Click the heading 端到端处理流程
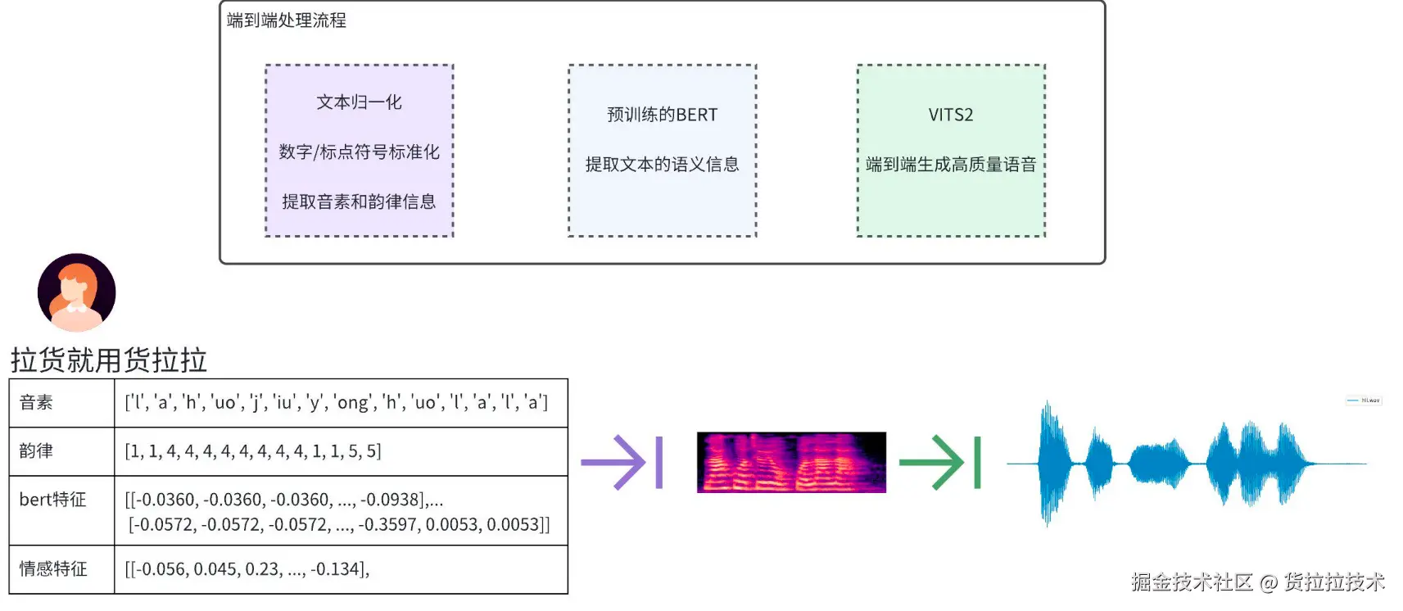coord(287,20)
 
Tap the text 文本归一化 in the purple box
coord(359,102)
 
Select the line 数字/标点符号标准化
coord(359,152)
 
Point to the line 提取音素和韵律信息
coord(359,201)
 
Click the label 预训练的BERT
coord(662,115)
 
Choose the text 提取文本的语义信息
coord(662,165)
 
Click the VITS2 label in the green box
coord(950,115)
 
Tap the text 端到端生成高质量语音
coord(950,165)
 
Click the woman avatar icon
coord(77,292)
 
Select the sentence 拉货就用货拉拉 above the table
coord(109,360)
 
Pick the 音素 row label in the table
coord(37,402)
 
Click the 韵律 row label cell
coord(37,450)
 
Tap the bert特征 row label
coord(53,500)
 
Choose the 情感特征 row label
coord(53,568)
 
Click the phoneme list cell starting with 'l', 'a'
coord(336,402)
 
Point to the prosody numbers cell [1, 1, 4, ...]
coord(253,450)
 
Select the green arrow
coord(939,463)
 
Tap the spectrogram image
coord(791,462)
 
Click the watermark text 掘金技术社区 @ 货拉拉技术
coord(1257,582)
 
